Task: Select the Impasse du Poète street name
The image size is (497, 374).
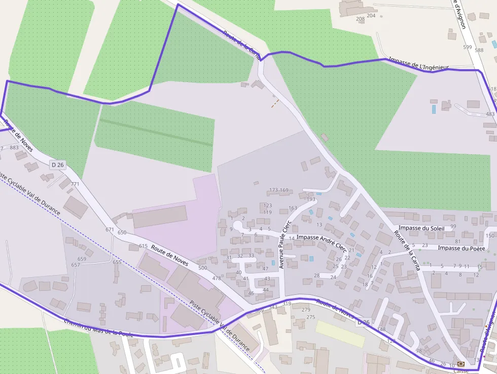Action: point(461,248)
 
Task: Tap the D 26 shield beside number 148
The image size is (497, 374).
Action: point(363,322)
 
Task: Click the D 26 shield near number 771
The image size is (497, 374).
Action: point(58,164)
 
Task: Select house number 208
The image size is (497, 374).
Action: point(360,19)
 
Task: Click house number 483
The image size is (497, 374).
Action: point(490,114)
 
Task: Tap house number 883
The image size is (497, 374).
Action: point(14,148)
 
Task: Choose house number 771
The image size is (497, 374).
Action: point(75,184)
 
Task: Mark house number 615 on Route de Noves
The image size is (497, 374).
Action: point(143,246)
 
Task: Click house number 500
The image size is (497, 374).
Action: point(202,268)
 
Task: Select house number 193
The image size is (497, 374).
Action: point(311,199)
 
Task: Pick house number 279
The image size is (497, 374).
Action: point(305,310)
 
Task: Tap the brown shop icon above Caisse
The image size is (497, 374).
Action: point(460,364)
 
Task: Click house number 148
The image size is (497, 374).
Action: point(381,329)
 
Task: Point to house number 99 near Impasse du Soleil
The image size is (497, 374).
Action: point(453,226)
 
